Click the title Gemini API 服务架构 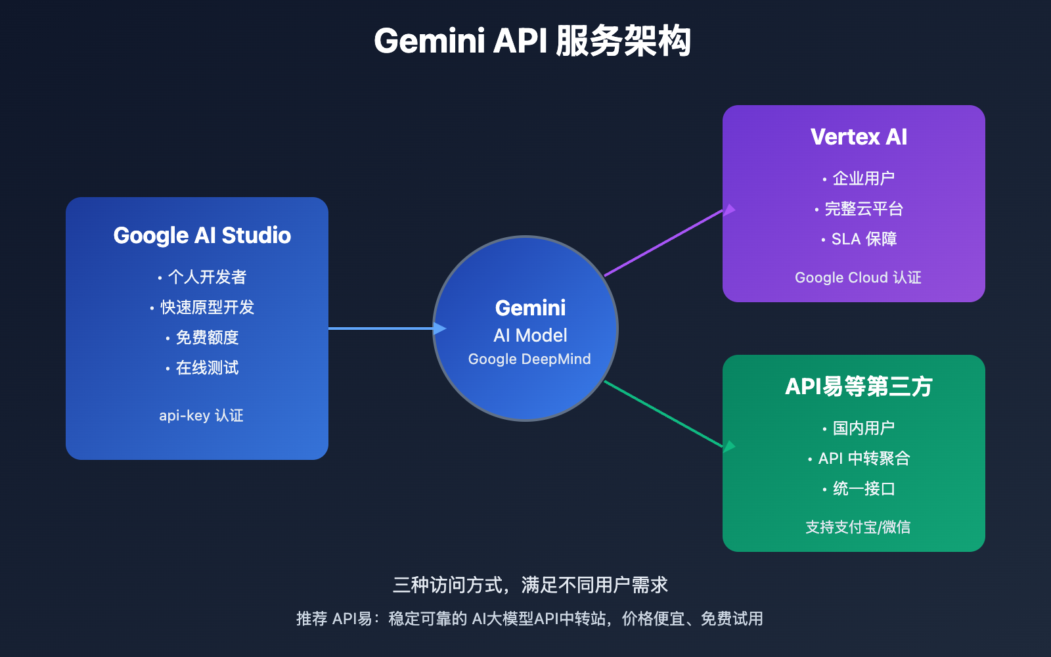pos(531,41)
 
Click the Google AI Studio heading pos(202,235)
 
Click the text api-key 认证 pos(201,415)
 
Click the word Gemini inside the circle pos(530,307)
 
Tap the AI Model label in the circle pos(530,335)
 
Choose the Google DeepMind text pos(529,359)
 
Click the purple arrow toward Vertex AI pos(663,242)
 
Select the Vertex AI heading pos(859,137)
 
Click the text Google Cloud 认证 pos(858,277)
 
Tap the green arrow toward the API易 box pos(663,415)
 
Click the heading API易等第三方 pos(859,386)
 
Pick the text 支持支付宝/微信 pos(858,527)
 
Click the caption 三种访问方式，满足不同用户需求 pos(530,585)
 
